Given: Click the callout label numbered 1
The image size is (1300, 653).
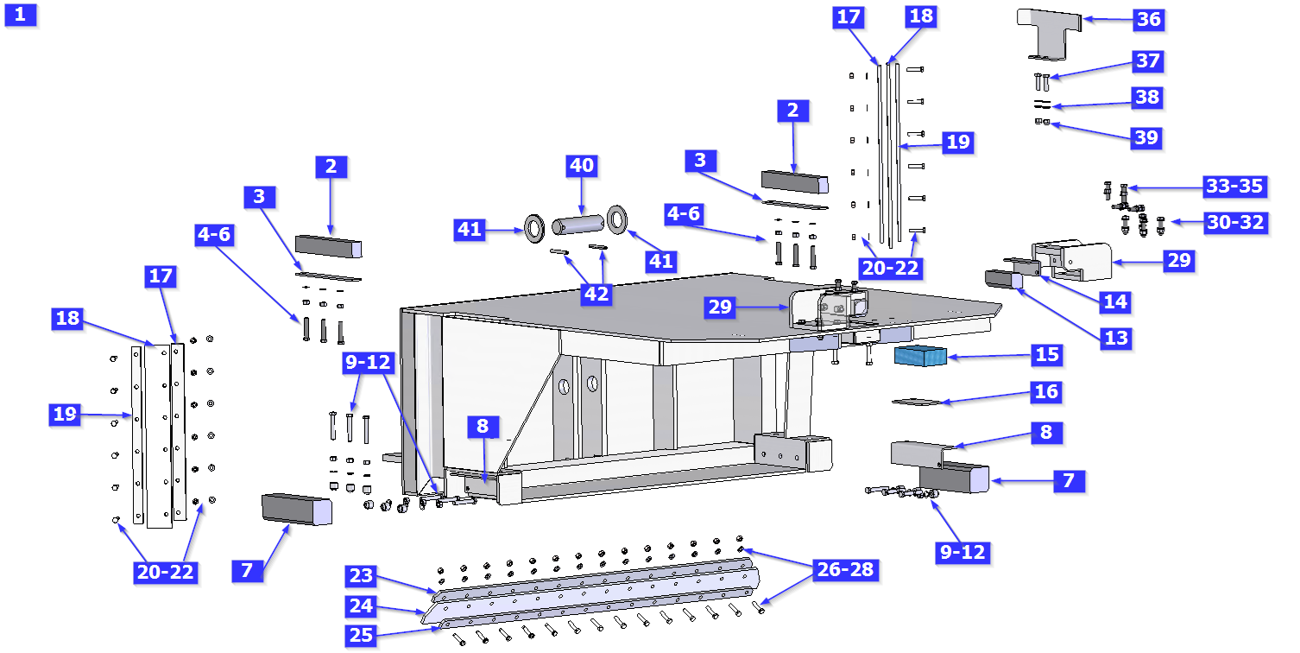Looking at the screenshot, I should tap(21, 15).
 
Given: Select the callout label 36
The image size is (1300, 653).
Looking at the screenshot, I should tap(1147, 19).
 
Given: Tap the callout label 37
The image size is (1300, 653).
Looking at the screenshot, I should tap(1147, 61).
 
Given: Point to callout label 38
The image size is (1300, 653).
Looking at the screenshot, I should tap(1147, 97).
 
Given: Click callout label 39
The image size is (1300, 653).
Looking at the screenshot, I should tap(1147, 138).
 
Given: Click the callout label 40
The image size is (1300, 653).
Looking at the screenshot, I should tap(582, 165).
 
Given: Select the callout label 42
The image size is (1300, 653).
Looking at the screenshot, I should tap(596, 294).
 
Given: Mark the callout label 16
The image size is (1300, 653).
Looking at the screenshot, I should tap(1046, 392).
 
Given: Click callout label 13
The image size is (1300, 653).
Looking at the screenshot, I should tap(1116, 338).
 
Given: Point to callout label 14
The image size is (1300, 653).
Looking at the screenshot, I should tap(1116, 301).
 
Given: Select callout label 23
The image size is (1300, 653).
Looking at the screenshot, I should tap(362, 575).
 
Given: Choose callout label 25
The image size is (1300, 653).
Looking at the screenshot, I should tap(362, 636).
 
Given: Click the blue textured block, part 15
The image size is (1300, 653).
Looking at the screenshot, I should tap(921, 356).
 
